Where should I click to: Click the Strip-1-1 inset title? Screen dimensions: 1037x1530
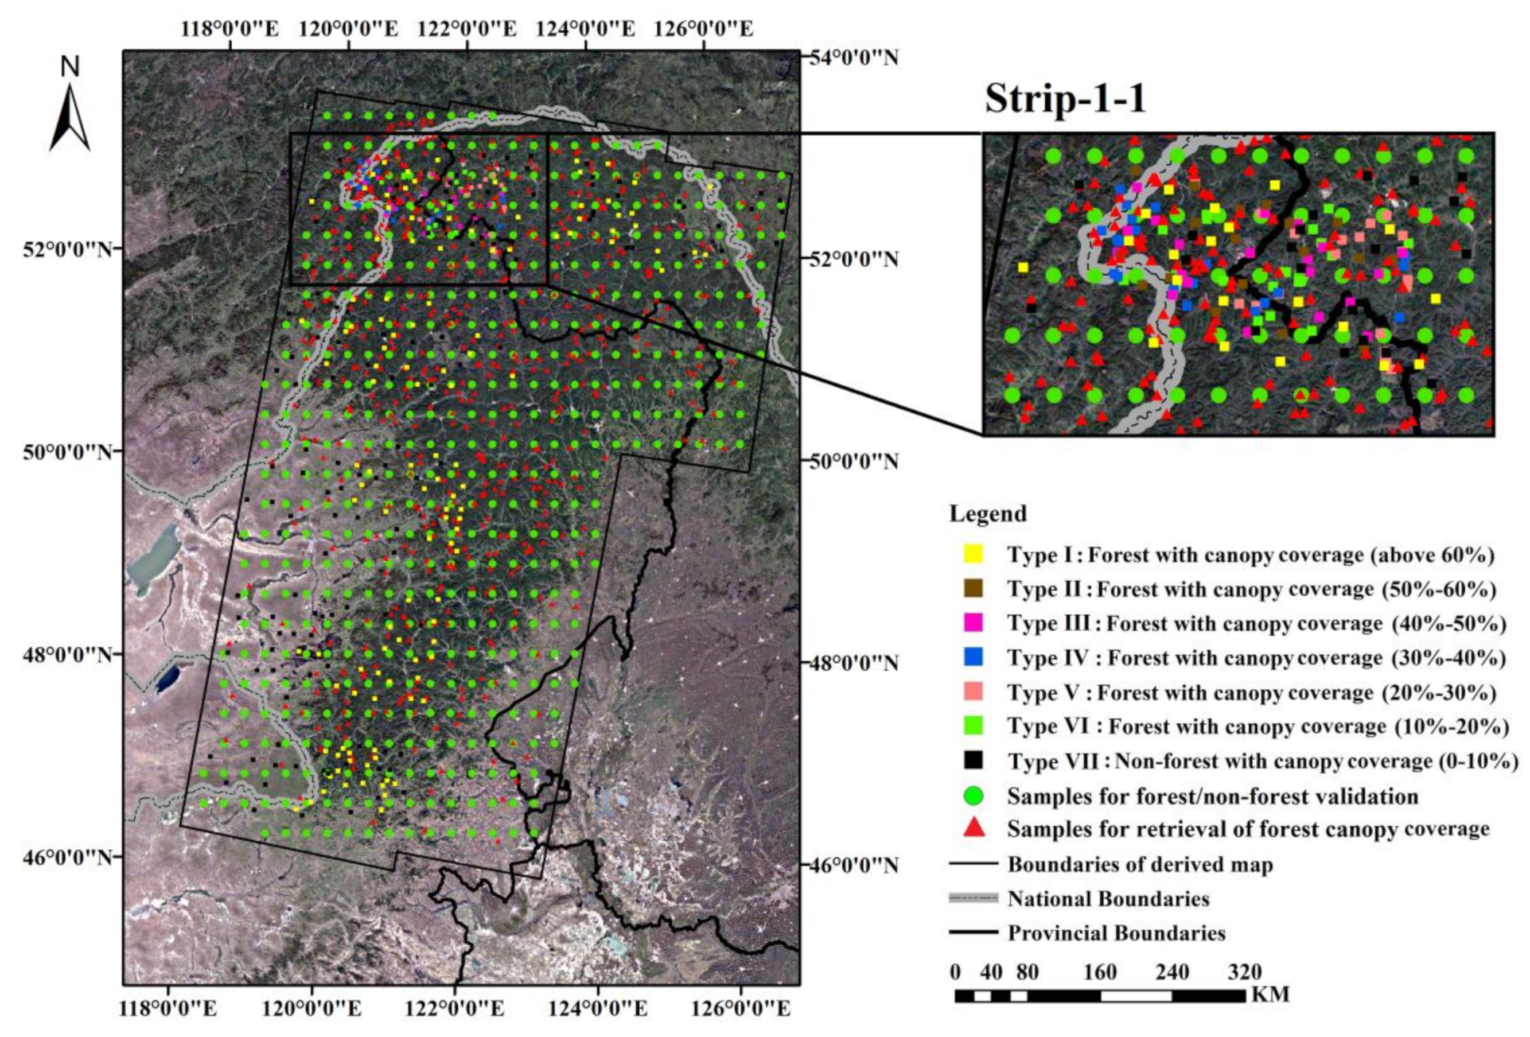tap(1065, 100)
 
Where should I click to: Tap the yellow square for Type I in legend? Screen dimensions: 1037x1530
tap(974, 554)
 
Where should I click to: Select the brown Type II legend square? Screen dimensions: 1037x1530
tap(974, 588)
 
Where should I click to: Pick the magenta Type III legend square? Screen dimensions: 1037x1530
tap(974, 622)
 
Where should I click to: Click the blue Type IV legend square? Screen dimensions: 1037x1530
tap(974, 657)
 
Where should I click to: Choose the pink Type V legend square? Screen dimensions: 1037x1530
tap(974, 692)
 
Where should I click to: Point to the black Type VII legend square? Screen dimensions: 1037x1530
tap(974, 760)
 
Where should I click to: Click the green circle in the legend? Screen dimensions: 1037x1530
tap(974, 795)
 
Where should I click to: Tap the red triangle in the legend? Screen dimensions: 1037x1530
tap(974, 828)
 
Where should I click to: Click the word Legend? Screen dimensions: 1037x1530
tap(987, 514)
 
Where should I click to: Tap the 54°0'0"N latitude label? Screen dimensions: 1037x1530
tap(848, 58)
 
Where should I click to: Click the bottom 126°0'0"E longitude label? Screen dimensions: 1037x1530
tap(741, 1009)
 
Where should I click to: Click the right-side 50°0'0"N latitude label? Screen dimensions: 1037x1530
tap(848, 461)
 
